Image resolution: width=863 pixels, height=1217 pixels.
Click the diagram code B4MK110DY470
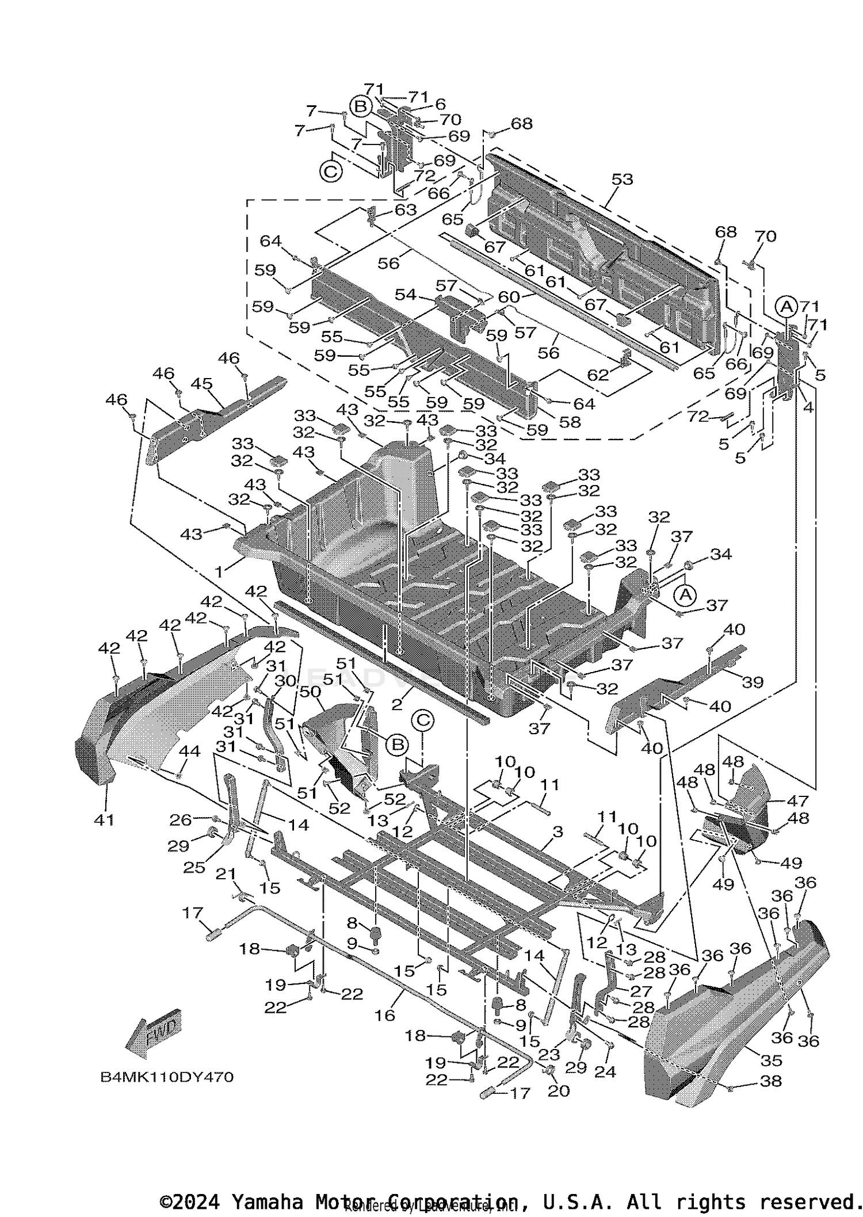pos(167,1077)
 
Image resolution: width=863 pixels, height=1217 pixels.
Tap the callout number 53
pos(622,179)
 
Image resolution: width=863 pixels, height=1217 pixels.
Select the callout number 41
pos(104,819)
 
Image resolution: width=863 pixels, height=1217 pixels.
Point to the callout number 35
pos(771,1060)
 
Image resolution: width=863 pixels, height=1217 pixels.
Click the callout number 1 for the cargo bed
pos(219,571)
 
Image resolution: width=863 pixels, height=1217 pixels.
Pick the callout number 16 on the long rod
pos(385,1015)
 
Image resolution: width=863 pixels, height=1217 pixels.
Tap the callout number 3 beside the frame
pos(557,832)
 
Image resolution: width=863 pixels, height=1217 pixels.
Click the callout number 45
pos(202,384)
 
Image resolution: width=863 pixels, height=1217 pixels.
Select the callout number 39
pos(753,682)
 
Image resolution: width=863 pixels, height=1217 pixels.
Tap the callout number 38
pos(771,1081)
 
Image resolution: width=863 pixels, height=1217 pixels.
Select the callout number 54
pos(405,294)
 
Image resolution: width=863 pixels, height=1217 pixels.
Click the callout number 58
pos(570,422)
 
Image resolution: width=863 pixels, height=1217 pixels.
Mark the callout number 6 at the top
pos(440,104)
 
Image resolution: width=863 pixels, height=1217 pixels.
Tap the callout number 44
pos(189,751)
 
